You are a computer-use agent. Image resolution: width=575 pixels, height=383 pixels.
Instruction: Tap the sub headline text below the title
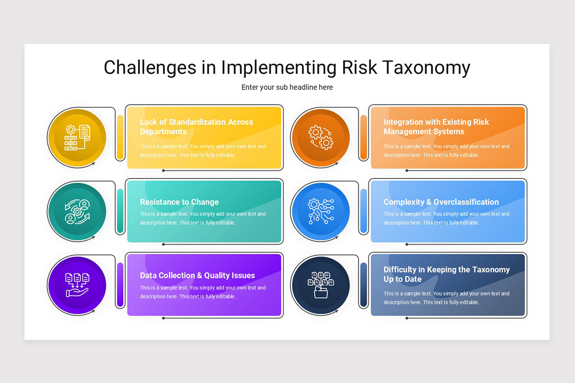pos(287,87)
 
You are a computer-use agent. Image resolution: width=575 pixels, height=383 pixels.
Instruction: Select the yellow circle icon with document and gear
pos(77,138)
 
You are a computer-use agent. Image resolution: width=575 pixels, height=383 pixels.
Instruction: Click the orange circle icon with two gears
pos(321,138)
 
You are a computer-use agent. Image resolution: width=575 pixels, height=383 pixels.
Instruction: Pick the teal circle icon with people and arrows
pos(77,212)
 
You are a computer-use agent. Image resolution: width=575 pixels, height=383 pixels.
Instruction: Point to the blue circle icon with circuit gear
pos(321,212)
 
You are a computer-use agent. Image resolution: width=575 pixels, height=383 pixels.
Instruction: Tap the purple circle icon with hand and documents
pos(77,285)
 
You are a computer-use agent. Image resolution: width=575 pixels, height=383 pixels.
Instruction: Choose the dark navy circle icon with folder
pos(321,285)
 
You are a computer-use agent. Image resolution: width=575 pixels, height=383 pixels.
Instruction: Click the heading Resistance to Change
pos(179,202)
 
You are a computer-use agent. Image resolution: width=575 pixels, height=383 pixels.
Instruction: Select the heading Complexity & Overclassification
pos(441,202)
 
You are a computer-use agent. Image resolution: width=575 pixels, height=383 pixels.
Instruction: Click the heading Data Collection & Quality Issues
pos(197,275)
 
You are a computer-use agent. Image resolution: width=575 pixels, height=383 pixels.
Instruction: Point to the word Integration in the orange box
pos(403,122)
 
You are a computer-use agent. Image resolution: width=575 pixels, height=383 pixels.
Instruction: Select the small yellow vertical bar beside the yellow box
pos(120,137)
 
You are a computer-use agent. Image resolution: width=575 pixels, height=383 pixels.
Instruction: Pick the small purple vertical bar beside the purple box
pos(120,285)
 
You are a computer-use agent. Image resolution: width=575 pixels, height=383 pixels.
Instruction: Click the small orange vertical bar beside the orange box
pos(364,137)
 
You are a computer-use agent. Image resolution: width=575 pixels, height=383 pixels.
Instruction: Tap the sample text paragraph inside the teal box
pos(203,218)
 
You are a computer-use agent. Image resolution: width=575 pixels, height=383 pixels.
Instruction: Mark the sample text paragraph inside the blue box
pos(446,218)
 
